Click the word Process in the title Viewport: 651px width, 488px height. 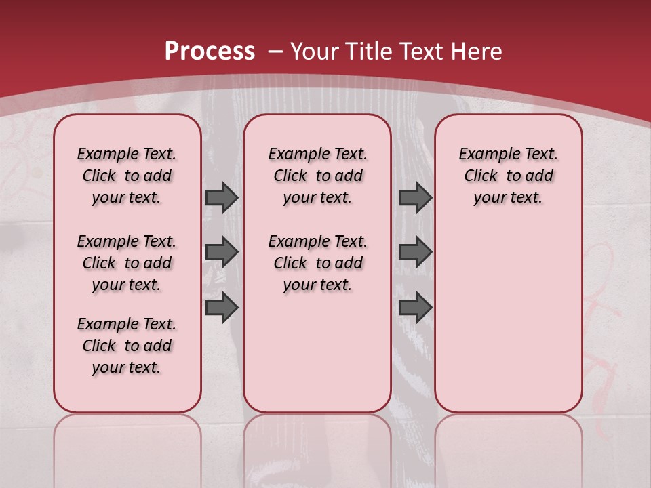click(210, 52)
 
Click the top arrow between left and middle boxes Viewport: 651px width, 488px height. click(222, 197)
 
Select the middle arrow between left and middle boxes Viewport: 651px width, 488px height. click(222, 253)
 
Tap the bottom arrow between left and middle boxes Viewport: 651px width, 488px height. click(222, 307)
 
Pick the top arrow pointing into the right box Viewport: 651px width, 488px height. click(415, 197)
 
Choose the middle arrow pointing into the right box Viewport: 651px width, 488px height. click(415, 253)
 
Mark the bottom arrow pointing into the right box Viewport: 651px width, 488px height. click(415, 307)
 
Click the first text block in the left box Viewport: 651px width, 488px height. click(127, 176)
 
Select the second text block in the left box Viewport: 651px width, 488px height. click(127, 263)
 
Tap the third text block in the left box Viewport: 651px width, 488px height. click(127, 346)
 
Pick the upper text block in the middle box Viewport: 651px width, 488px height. click(317, 176)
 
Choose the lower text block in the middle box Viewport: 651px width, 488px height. click(317, 263)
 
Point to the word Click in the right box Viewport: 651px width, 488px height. click(481, 176)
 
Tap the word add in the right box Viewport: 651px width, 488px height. click(539, 176)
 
